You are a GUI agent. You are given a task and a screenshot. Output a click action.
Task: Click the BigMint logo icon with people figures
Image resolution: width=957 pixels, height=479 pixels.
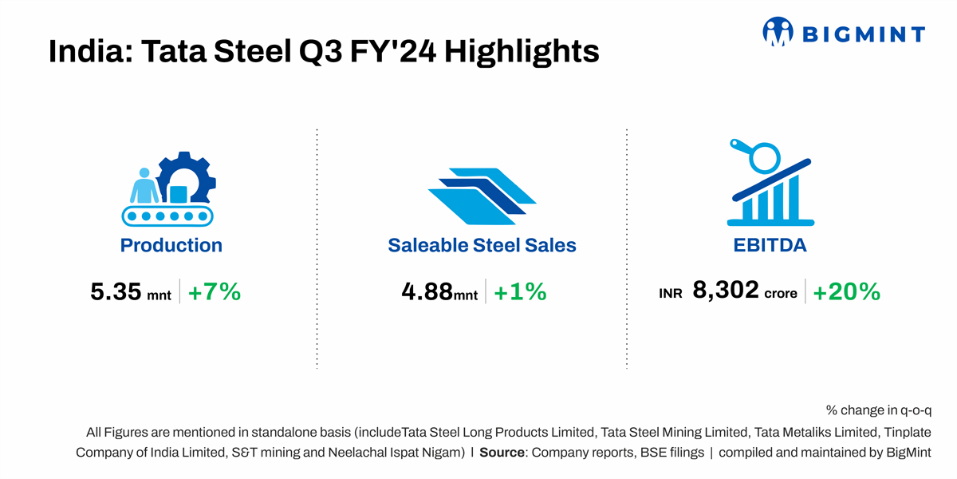(x=778, y=32)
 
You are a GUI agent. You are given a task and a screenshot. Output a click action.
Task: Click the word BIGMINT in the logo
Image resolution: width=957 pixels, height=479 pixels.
(x=863, y=34)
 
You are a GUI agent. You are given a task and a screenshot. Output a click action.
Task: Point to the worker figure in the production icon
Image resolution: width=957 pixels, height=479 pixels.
(x=144, y=187)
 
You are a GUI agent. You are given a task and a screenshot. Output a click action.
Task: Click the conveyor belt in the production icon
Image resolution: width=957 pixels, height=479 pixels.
(x=169, y=216)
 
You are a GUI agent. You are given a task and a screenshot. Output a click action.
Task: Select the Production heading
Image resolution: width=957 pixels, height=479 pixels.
(x=171, y=245)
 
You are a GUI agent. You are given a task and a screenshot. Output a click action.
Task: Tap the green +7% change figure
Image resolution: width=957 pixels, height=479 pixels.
(x=214, y=292)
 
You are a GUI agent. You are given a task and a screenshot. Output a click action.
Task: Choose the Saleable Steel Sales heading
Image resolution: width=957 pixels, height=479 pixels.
(x=482, y=245)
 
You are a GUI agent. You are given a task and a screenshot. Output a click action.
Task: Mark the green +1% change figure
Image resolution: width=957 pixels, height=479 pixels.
(x=520, y=292)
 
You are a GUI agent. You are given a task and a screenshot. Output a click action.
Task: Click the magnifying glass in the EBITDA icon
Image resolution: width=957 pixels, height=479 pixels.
(x=762, y=154)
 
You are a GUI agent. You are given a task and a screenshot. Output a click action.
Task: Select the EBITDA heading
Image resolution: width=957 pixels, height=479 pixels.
(x=770, y=245)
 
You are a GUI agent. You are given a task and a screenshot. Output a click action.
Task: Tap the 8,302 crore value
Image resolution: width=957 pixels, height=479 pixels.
(x=725, y=291)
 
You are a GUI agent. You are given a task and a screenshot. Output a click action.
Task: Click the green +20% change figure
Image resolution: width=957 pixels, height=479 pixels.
(x=846, y=292)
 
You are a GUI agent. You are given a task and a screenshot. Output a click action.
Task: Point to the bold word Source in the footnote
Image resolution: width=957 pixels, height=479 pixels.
(x=502, y=453)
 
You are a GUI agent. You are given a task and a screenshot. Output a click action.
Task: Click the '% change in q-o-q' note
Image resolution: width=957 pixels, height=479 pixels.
(x=879, y=410)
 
